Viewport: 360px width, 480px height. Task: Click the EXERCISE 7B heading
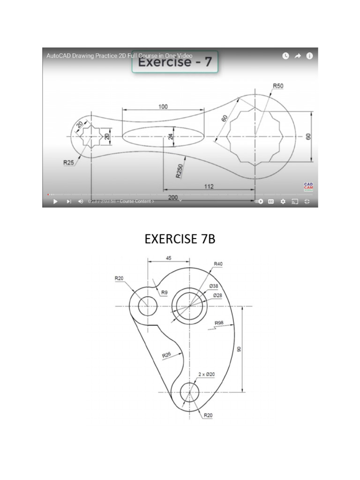pyautogui.click(x=180, y=239)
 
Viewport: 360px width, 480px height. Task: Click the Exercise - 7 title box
pyautogui.click(x=175, y=62)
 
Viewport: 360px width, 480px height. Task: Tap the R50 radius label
pyautogui.click(x=278, y=86)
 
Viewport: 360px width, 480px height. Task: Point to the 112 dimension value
pyautogui.click(x=209, y=186)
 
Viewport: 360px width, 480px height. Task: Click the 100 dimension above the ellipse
pyautogui.click(x=163, y=106)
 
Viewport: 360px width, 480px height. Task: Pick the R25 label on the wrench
pyautogui.click(x=69, y=162)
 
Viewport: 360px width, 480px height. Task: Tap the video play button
pyautogui.click(x=55, y=202)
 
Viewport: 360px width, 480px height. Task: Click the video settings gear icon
pyautogui.click(x=283, y=202)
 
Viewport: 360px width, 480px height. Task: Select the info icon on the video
pyautogui.click(x=309, y=56)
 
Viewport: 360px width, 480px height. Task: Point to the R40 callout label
pyautogui.click(x=218, y=264)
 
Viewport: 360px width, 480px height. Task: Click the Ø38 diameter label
pyautogui.click(x=214, y=286)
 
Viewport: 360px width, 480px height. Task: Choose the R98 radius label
pyautogui.click(x=219, y=323)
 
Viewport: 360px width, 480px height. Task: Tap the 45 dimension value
pyautogui.click(x=168, y=258)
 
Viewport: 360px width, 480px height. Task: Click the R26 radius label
pyautogui.click(x=167, y=355)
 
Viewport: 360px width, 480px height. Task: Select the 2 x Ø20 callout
pyautogui.click(x=206, y=374)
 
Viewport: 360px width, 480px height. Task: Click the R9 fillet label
pyautogui.click(x=164, y=292)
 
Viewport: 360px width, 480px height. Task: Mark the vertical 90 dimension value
pyautogui.click(x=239, y=349)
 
